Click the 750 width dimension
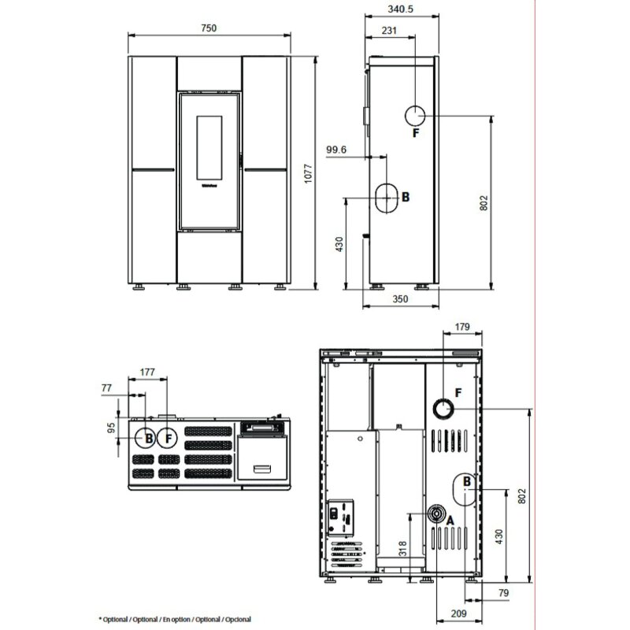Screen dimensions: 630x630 tap(208, 28)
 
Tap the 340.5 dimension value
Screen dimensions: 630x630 tap(401, 10)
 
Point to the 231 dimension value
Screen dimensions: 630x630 tap(389, 31)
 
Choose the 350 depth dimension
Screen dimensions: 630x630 tap(402, 300)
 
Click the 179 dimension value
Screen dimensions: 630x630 tap(462, 327)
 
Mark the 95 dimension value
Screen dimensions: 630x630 tap(111, 428)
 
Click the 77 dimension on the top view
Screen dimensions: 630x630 tap(107, 388)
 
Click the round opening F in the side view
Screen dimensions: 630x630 tap(416, 117)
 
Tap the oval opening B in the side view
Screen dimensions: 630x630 tap(386, 198)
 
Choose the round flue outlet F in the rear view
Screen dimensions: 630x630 tap(443, 408)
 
